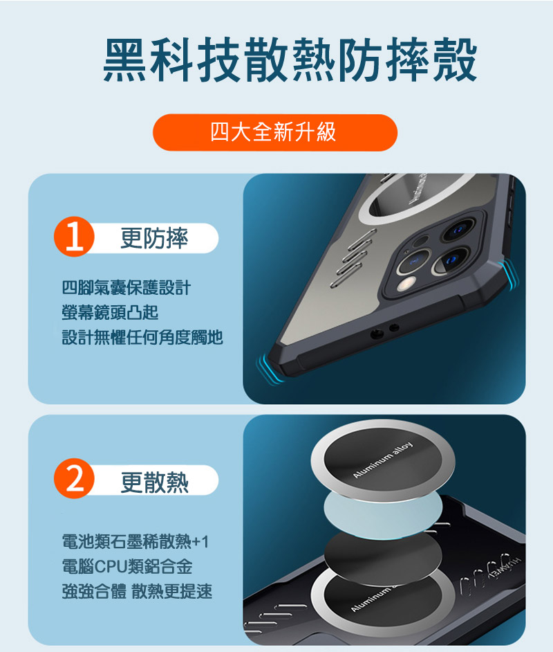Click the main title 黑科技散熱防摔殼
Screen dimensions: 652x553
tap(290, 61)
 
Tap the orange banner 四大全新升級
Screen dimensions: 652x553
tap(274, 132)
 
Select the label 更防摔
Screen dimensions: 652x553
tap(154, 239)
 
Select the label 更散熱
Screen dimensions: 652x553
tap(154, 481)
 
